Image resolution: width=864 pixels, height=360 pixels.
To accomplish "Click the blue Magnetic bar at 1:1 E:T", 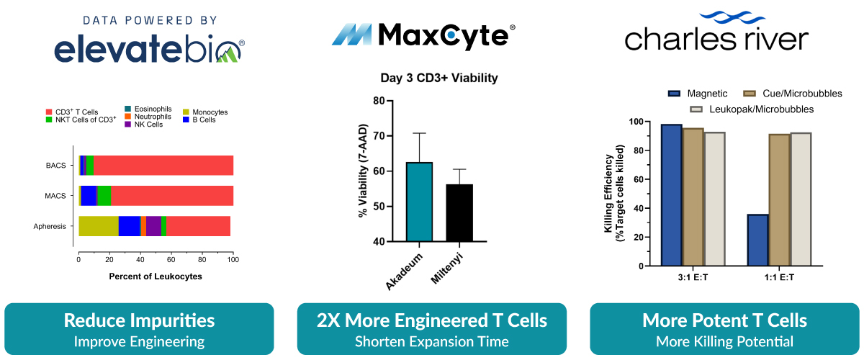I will coord(757,240).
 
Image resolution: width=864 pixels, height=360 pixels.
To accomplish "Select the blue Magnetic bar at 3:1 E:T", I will coord(671,195).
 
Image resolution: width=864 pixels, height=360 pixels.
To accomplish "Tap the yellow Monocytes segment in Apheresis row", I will coord(99,225).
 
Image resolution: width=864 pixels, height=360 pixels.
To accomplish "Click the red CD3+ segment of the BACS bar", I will coord(163,165).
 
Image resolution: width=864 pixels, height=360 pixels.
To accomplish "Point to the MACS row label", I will coord(55,196).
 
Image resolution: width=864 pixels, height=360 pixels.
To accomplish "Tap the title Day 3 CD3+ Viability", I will coord(439,78).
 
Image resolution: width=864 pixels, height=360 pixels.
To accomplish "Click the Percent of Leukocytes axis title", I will coord(156,276).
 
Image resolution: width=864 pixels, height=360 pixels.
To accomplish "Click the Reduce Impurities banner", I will coord(139,328).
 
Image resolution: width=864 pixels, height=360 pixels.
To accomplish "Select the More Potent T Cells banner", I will coord(724,328).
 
